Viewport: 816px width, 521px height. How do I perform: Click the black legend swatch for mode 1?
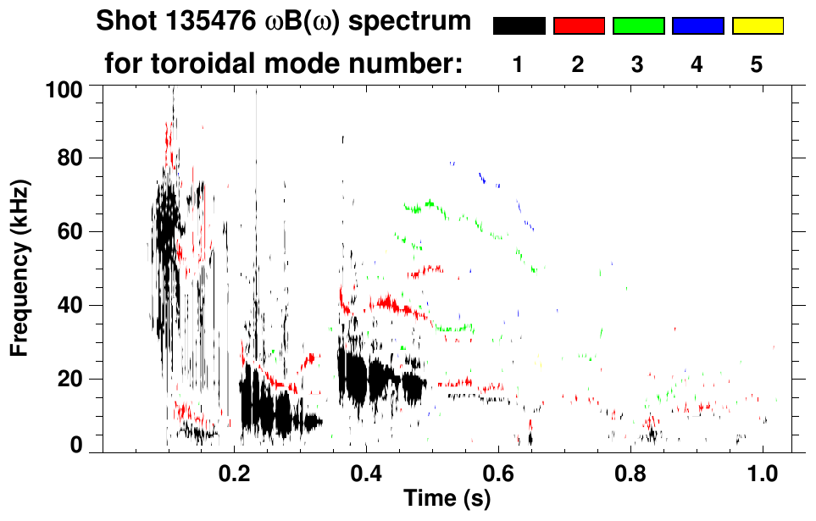click(x=519, y=26)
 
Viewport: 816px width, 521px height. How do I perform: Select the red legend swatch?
click(x=579, y=26)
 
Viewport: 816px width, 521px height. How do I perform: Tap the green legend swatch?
click(x=638, y=26)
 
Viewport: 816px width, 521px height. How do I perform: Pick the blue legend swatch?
click(x=697, y=26)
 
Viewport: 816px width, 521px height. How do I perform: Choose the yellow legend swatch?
click(x=757, y=26)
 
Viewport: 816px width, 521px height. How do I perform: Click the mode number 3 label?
click(x=637, y=64)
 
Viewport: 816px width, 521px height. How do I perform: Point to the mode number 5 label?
click(x=757, y=64)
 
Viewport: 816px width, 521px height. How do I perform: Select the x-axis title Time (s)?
click(x=447, y=498)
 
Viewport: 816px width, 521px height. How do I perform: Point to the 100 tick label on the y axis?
click(x=65, y=88)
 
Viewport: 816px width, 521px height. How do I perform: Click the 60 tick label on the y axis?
click(x=70, y=232)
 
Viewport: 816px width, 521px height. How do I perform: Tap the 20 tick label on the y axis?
click(x=70, y=378)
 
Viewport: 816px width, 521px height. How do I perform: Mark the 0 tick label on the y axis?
click(x=76, y=444)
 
